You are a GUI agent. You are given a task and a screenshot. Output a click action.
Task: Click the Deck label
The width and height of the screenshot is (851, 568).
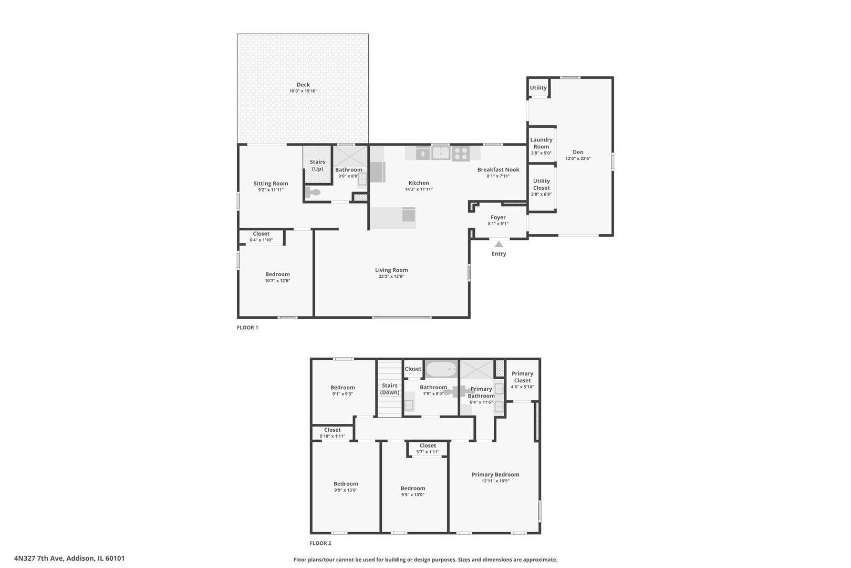[303, 85]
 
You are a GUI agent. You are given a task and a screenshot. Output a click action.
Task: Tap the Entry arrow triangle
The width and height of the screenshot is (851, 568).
[499, 244]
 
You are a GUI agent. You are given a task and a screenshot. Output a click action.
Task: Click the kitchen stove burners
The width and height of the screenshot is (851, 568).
[461, 153]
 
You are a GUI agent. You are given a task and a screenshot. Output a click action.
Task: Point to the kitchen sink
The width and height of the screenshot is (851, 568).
[440, 153]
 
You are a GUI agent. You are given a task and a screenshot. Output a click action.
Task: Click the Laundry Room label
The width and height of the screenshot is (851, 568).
[541, 143]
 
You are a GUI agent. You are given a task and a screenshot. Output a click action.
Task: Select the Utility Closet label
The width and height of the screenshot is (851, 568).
[541, 184]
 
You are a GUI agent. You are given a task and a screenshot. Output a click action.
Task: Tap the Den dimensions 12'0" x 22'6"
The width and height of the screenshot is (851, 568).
[578, 158]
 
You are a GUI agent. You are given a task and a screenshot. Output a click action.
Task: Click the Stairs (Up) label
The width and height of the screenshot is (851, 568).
[317, 165]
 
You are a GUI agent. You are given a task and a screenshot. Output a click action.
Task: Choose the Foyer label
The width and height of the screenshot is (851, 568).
[498, 217]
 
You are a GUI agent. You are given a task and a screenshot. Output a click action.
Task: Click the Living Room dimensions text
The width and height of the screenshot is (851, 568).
[391, 277]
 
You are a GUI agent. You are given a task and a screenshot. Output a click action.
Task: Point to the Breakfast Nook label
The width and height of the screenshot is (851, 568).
[498, 169]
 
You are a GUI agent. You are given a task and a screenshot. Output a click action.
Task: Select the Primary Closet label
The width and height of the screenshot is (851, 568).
[522, 377]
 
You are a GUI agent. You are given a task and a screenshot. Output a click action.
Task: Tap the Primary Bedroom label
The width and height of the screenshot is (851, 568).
[495, 474]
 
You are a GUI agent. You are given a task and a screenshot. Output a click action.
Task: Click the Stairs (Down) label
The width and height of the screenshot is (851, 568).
[390, 389]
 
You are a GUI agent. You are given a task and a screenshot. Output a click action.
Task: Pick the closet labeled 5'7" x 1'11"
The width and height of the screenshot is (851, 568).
[428, 448]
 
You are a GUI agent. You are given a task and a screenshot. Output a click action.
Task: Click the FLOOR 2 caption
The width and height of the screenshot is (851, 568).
[320, 543]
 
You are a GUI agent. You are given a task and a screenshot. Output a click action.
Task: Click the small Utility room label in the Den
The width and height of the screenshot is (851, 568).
[538, 88]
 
